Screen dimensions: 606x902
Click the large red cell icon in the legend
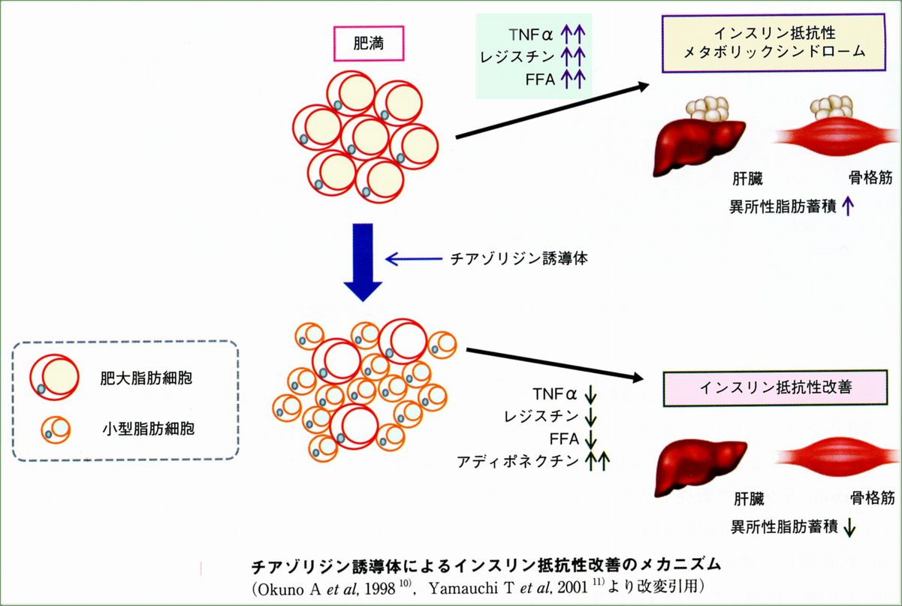point(53,375)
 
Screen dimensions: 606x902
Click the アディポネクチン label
point(517,462)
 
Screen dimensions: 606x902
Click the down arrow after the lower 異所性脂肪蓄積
point(849,528)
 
